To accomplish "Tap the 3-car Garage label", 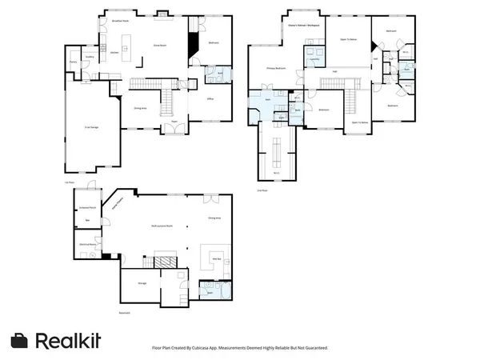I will [92, 126].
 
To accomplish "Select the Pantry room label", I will [73, 62].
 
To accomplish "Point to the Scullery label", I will [90, 57].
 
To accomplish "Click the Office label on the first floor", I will [209, 98].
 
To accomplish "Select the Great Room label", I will [159, 46].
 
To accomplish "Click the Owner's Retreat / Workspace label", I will [304, 26].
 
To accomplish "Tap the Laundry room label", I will [314, 59].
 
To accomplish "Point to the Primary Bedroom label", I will [276, 69].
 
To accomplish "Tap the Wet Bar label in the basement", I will [215, 258].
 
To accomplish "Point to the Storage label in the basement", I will [141, 282].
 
